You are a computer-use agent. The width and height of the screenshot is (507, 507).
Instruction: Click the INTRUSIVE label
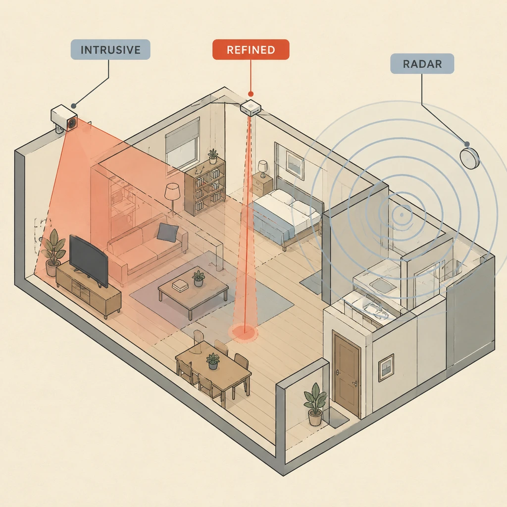pos(110,50)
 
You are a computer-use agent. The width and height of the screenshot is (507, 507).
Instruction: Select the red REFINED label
pos(251,50)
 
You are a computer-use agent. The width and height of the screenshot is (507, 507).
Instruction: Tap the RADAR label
pos(422,64)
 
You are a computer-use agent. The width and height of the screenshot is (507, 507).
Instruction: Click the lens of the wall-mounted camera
pos(72,123)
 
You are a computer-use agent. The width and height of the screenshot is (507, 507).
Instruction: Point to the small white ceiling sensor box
pos(251,107)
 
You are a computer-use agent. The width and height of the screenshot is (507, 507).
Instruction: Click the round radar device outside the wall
pos(469,158)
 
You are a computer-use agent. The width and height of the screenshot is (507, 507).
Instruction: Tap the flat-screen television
pos(89,261)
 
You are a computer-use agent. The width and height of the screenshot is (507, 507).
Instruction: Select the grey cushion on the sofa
pos(167,232)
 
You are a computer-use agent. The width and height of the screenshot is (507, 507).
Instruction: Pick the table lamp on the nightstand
pos(262,168)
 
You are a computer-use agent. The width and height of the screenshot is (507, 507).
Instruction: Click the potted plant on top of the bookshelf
pos(213,156)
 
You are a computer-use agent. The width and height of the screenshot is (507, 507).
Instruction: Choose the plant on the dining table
pos(212,361)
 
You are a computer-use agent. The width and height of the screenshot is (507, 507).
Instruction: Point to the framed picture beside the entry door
pos(386,368)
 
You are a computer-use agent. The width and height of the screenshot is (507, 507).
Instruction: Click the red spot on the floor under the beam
pos(244,332)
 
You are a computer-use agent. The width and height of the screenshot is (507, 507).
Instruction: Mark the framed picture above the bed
pos(295,165)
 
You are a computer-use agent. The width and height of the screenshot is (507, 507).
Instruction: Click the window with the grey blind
pos(182,144)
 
